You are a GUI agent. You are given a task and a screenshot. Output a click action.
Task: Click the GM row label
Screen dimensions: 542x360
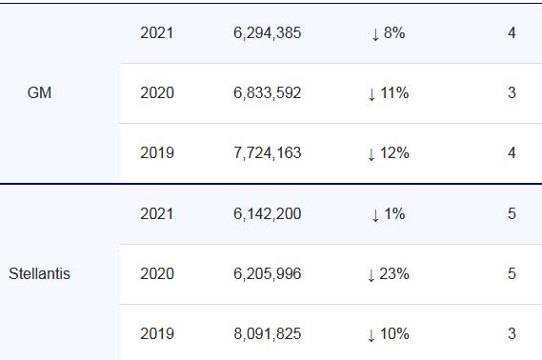click(39, 92)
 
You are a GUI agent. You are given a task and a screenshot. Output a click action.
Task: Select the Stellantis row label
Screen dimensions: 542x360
click(39, 273)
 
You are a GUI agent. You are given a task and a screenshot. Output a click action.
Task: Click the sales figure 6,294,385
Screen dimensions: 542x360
click(268, 32)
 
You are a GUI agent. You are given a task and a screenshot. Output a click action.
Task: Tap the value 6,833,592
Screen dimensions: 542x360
click(268, 92)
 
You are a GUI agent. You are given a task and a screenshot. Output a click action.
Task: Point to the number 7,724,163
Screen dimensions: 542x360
click(268, 152)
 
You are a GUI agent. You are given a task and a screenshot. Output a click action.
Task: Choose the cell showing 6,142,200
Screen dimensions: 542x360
click(268, 213)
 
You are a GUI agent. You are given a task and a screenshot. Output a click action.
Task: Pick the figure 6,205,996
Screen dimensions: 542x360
click(268, 273)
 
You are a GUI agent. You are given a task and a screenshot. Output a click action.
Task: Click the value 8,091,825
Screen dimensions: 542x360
click(268, 333)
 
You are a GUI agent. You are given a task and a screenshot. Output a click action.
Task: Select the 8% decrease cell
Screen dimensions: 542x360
click(389, 33)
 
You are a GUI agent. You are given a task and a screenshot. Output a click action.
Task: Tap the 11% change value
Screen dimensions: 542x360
click(389, 93)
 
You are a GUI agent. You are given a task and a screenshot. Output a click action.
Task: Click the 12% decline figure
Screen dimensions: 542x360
click(389, 153)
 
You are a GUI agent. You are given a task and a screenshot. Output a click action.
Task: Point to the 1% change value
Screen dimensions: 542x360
click(389, 214)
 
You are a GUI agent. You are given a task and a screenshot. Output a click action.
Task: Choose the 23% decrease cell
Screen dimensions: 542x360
click(389, 274)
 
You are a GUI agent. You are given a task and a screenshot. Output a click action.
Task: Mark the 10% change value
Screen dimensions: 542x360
click(389, 334)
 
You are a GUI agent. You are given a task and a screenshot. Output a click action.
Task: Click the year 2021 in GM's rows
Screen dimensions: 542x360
click(156, 32)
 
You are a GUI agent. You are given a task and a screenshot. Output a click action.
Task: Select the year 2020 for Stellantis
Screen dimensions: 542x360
click(157, 273)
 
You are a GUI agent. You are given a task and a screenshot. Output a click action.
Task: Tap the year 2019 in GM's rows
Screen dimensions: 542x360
click(157, 152)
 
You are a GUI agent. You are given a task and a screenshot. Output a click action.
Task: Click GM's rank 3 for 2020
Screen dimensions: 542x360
click(512, 92)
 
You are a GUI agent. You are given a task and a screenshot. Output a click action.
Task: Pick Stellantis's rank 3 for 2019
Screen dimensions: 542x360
click(512, 333)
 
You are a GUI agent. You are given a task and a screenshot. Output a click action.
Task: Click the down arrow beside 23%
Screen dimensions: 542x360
click(371, 275)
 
